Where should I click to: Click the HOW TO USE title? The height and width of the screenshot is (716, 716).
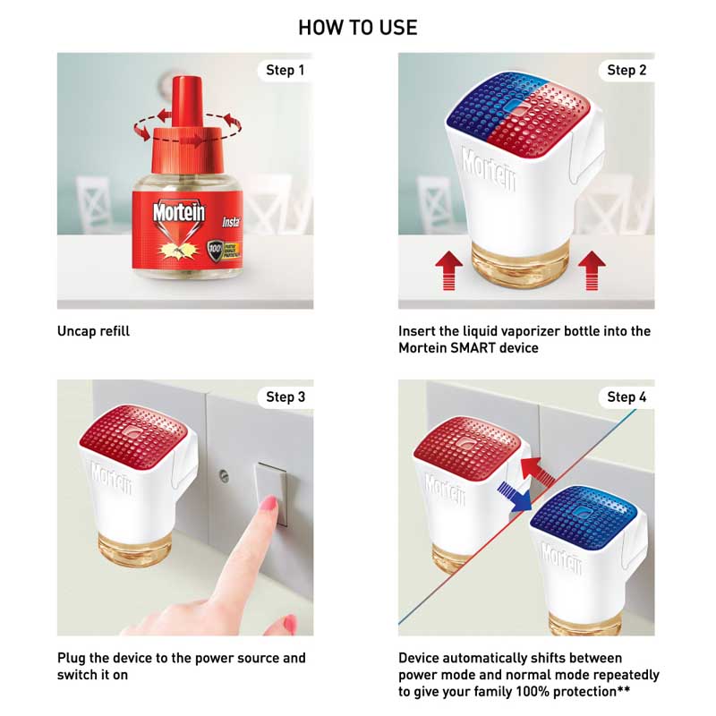(357, 28)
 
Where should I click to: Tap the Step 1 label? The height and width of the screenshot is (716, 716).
(285, 70)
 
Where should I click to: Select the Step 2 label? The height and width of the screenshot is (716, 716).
(626, 70)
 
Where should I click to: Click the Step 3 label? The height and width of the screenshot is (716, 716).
(285, 396)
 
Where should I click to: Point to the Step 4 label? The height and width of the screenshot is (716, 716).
(626, 396)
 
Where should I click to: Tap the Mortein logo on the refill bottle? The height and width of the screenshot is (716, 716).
(173, 213)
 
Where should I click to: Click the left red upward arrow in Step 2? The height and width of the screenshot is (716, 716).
(447, 269)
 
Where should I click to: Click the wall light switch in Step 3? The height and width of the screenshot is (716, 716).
(271, 491)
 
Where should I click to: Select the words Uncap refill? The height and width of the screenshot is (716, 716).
(94, 331)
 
